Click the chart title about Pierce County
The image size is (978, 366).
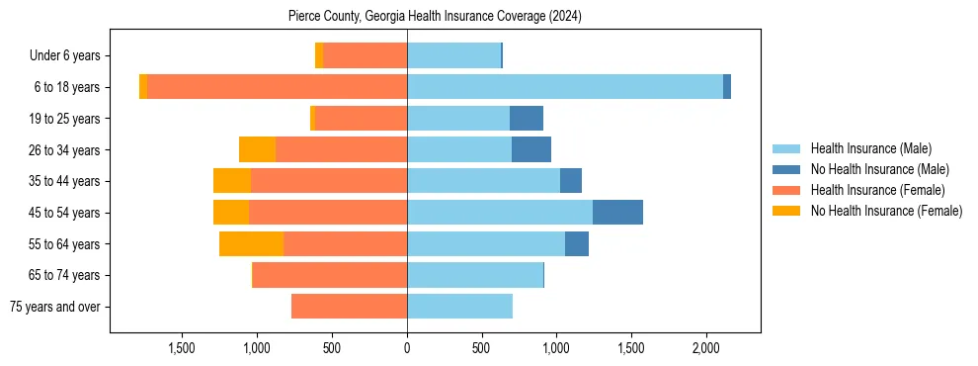click(436, 17)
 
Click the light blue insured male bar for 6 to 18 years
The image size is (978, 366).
click(564, 87)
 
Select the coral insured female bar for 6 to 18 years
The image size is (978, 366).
click(277, 87)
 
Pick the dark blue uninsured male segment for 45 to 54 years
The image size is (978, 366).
click(617, 213)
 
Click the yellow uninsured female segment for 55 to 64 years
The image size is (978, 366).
click(251, 244)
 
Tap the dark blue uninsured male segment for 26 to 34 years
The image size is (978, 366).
click(531, 150)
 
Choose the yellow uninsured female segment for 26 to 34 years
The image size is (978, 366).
click(257, 150)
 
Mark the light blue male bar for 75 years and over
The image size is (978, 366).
click(459, 307)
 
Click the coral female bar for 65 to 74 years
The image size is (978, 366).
click(329, 275)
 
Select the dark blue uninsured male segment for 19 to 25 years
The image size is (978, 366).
click(527, 119)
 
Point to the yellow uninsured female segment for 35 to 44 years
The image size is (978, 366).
click(232, 181)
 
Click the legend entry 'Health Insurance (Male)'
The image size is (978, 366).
click(870, 148)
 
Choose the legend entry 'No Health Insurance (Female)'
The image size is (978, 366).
click(886, 211)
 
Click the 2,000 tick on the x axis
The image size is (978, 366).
click(705, 348)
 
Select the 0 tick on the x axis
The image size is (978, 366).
click(407, 348)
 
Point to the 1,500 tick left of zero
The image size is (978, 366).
click(182, 348)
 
